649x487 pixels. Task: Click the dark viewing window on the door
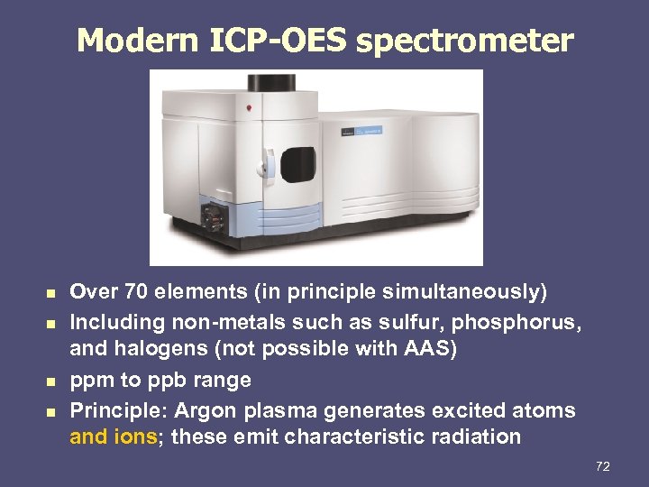point(297,164)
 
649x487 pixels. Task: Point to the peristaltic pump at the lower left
point(215,217)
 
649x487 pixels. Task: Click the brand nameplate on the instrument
point(361,133)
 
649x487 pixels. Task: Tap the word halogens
point(159,350)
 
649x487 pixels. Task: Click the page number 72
point(603,466)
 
